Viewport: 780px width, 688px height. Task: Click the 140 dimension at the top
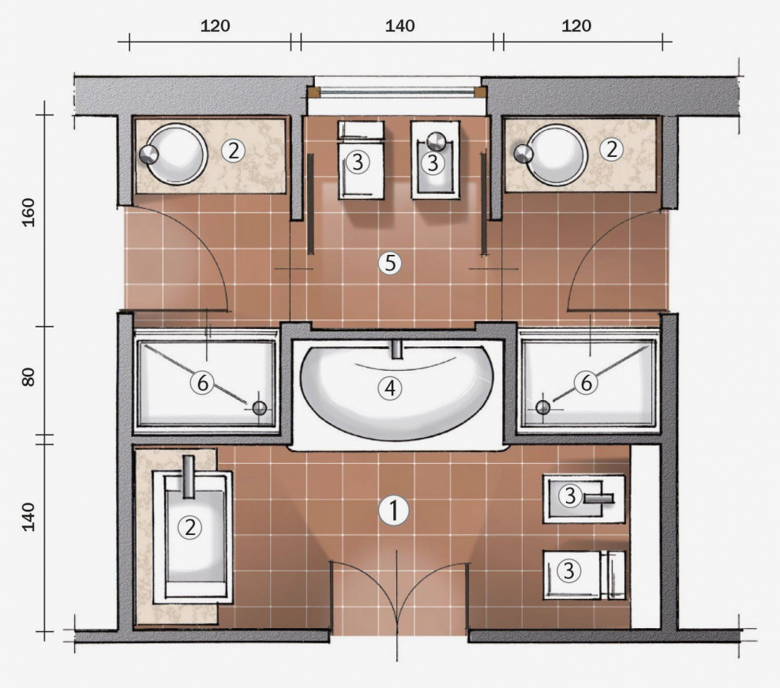(400, 25)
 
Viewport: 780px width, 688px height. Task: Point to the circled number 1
(392, 510)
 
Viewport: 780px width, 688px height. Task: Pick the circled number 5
(388, 263)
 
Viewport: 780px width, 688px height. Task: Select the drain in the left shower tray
(260, 408)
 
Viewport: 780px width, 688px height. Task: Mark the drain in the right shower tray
(542, 407)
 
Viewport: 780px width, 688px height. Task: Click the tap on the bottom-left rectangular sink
(188, 477)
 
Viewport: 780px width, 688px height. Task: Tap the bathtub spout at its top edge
(397, 349)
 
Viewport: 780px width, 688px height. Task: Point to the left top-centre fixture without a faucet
(359, 159)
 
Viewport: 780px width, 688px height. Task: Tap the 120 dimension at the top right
(577, 25)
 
